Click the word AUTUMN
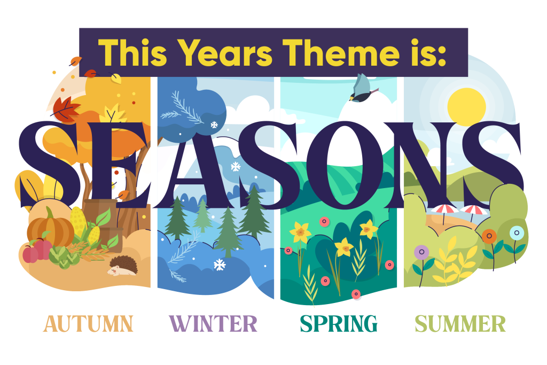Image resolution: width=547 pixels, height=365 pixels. [88, 323]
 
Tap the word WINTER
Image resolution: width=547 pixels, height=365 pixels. [213, 323]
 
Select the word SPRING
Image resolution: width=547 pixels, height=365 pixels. [339, 323]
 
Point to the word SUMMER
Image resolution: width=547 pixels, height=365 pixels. [460, 323]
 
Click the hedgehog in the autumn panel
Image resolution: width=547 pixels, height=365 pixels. [122, 266]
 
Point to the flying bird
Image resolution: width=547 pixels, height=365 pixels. [362, 89]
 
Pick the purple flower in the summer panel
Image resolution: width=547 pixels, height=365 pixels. [421, 252]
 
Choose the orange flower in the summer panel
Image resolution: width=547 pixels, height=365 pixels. [489, 236]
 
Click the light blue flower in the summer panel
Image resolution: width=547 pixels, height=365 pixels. [517, 233]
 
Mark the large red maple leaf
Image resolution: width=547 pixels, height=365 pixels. [65, 109]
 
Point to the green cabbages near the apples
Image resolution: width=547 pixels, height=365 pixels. [64, 257]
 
